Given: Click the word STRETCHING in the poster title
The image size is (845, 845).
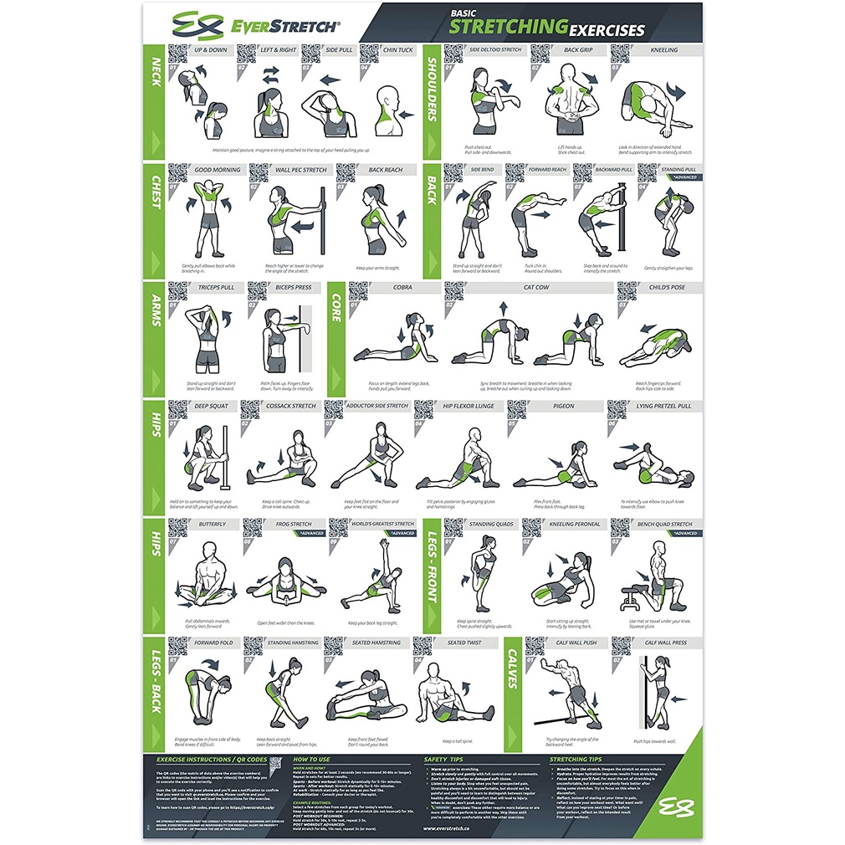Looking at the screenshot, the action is point(509,27).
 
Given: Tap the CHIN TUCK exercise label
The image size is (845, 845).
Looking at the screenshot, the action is point(397,49).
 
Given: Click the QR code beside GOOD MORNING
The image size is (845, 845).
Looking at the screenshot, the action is point(177,173).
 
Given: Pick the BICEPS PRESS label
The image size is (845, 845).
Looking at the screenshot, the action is point(293,287).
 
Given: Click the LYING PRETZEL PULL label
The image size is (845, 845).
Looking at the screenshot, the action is point(663,406).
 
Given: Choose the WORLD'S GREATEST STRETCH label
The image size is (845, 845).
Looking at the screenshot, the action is point(382,525).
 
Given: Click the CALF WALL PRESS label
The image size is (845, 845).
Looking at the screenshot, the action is point(665,643).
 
